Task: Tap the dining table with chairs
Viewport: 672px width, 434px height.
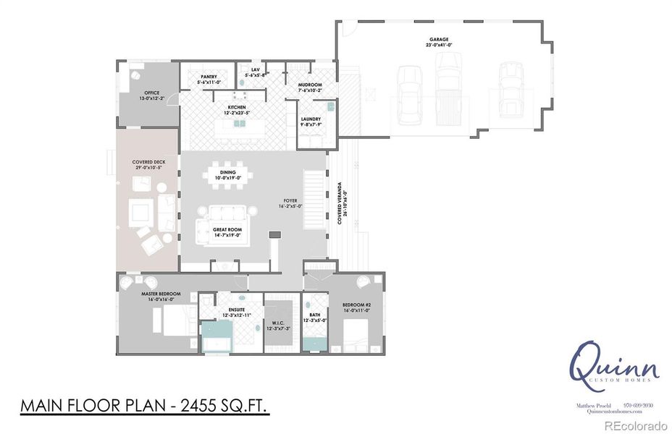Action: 232,176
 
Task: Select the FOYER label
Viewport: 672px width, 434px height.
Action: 290,203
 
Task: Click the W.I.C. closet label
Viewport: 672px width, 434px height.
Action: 278,325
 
